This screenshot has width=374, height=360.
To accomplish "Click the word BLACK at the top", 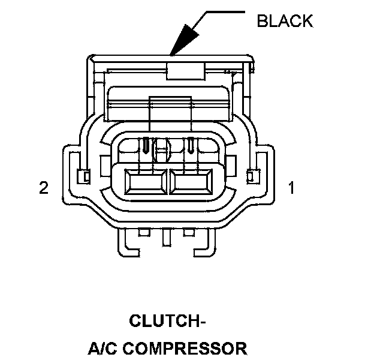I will pos(285,21).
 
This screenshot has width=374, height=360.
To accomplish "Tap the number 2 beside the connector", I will pos(43,188).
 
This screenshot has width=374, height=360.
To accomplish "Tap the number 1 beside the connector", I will pos(292,188).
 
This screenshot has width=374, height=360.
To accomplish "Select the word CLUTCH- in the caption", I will pos(168,321).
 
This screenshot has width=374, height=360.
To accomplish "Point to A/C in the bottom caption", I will pos(104,348).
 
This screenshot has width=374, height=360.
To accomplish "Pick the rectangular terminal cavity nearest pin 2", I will pos(147,182).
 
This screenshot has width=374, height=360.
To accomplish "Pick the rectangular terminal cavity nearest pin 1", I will pos(191,182).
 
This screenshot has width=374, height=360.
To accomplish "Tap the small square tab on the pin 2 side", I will pos(84,176).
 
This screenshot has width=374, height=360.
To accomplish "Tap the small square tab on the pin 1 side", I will pos(252,176).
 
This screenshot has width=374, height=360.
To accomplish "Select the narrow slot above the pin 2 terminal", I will pos(146,145).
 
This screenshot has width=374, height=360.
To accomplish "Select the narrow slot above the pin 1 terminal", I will pos(191,145).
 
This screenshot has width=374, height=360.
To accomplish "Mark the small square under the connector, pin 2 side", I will pos(144,232).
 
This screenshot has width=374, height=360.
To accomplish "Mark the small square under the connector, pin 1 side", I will pos(189,232).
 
